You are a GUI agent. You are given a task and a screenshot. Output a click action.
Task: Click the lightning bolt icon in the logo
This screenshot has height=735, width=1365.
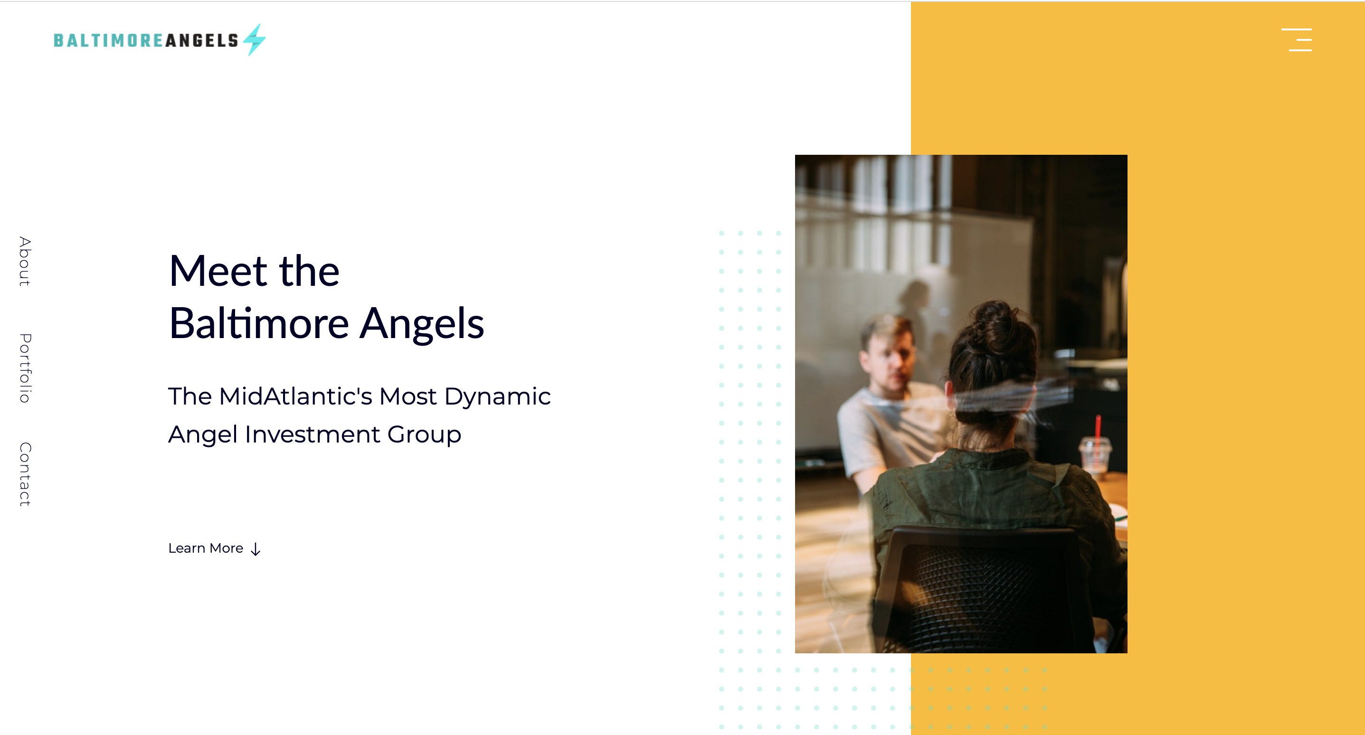point(255,40)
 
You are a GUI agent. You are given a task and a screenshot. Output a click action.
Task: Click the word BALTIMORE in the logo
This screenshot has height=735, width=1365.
point(109,40)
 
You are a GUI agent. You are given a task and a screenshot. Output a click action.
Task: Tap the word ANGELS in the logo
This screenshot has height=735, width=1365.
point(202,40)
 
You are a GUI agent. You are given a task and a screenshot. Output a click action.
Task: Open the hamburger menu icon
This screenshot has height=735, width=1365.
point(1296,40)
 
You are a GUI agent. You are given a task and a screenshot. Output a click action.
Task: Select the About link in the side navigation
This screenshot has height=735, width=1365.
point(25,261)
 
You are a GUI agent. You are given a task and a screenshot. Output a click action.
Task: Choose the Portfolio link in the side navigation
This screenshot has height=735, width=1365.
point(25,368)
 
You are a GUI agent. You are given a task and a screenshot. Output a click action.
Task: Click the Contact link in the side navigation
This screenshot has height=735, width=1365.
point(25,474)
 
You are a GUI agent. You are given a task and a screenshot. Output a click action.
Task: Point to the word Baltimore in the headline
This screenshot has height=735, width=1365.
point(258,323)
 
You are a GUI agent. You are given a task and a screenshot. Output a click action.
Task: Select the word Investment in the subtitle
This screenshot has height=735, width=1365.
point(312,434)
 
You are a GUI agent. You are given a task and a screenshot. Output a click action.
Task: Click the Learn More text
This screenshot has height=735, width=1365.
point(206,548)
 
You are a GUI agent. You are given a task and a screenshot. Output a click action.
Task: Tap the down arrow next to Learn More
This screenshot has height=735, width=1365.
point(256,549)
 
